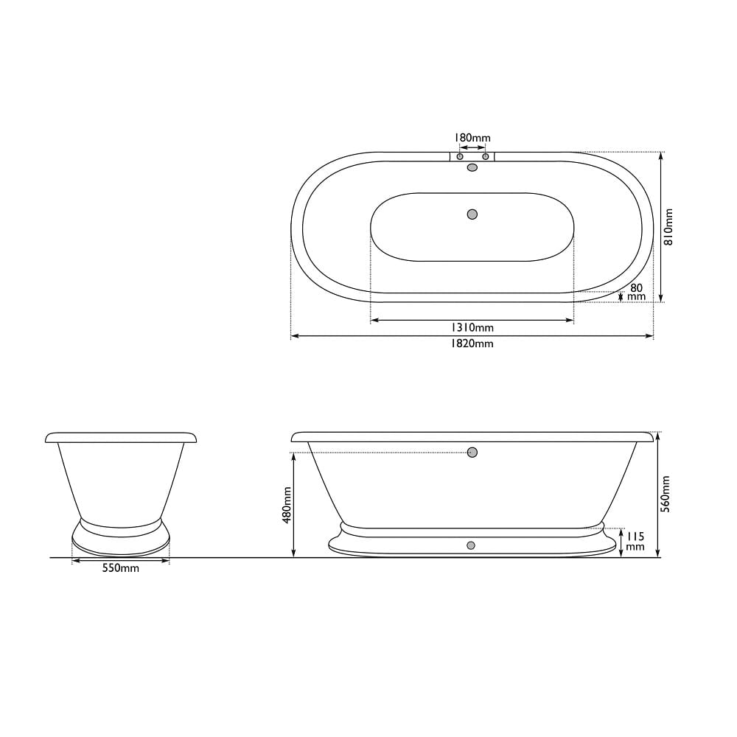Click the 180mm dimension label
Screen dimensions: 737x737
point(472,138)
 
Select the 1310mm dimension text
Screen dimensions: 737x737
point(472,327)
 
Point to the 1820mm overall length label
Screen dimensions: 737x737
point(472,343)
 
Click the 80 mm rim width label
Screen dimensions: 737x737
point(637,292)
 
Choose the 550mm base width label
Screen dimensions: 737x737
point(121,568)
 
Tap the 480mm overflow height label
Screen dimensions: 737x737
point(287,504)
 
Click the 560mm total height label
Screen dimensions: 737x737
point(666,494)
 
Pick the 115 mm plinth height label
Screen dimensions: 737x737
point(635,541)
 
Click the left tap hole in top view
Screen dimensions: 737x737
point(460,156)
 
